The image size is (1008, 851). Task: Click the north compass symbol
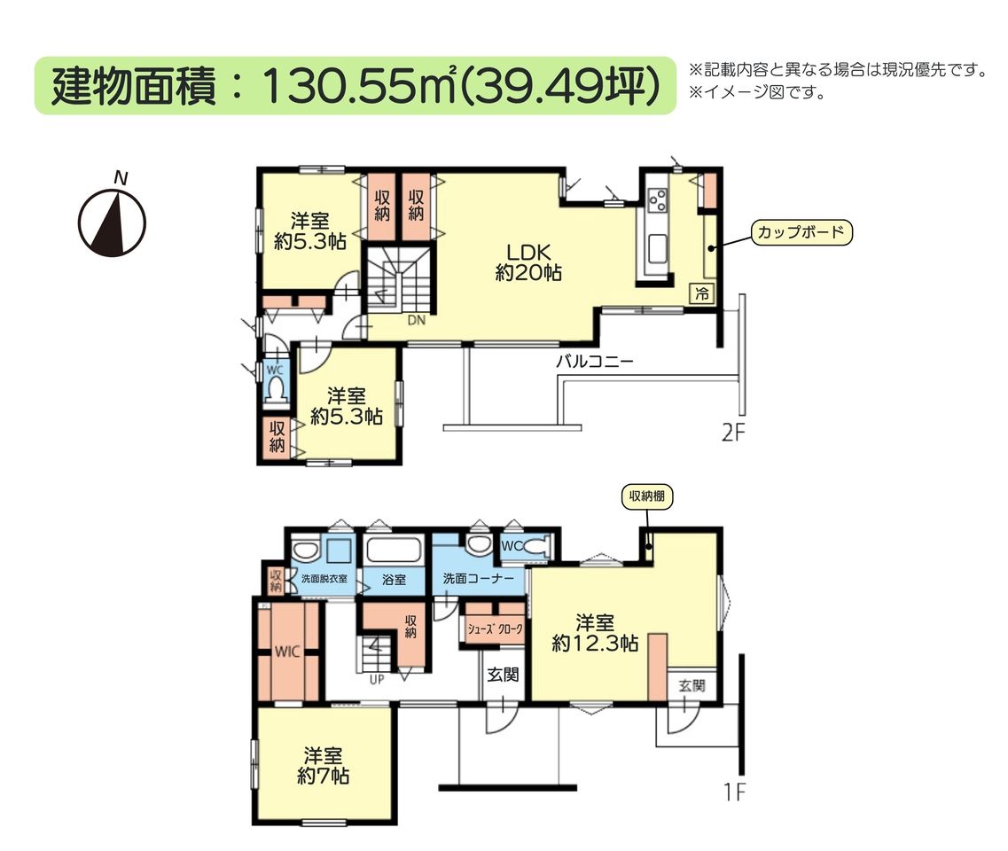(112, 219)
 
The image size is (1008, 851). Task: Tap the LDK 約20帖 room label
(528, 263)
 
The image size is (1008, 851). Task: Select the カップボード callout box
(801, 232)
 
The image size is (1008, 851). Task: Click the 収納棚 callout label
(647, 496)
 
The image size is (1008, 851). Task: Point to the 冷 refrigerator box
(703, 293)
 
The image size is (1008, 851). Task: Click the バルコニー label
(595, 361)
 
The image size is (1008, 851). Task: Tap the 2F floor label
(733, 433)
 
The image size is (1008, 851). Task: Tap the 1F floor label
(735, 792)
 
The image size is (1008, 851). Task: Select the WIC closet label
(287, 652)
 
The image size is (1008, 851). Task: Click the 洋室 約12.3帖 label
(595, 633)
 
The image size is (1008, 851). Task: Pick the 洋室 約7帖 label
(323, 766)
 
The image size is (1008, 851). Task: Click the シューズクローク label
(495, 629)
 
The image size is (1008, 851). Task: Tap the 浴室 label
(395, 579)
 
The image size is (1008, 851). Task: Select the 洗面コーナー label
(478, 579)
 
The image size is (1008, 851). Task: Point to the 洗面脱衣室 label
(324, 579)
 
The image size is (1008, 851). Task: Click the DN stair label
(417, 319)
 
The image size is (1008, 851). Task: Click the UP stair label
(376, 679)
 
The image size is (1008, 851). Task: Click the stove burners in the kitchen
(657, 199)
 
